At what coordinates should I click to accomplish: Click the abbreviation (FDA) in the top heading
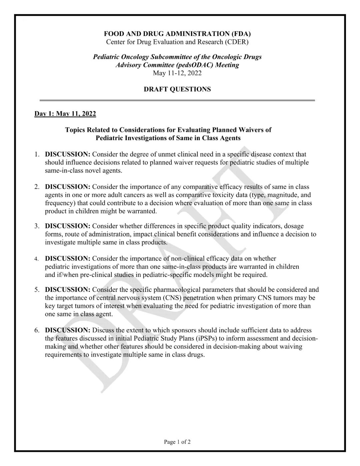240,34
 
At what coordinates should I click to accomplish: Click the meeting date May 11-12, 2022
177,73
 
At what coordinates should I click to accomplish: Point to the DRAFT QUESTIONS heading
177,89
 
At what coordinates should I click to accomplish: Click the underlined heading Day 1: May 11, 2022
65,114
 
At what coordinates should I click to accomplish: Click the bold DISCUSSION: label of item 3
68,226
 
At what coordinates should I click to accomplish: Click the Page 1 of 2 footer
177,442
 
